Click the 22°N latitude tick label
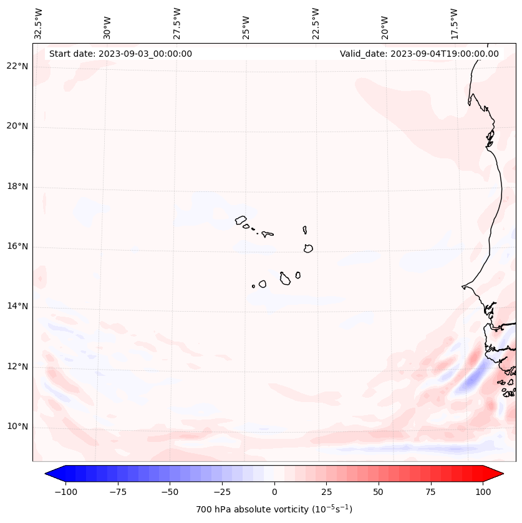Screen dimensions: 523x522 click(18, 67)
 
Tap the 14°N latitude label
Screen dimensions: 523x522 click(18, 307)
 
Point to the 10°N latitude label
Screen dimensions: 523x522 click(18, 427)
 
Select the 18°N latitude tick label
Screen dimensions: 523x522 click(18, 186)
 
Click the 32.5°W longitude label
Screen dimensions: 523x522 click(39, 24)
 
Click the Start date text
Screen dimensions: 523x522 click(120, 54)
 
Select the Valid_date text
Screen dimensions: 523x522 click(419, 54)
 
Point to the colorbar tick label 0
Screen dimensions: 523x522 click(274, 492)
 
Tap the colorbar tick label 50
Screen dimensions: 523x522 click(378, 492)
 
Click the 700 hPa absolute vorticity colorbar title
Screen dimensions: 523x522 click(274, 509)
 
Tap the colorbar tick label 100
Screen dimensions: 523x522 click(482, 492)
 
